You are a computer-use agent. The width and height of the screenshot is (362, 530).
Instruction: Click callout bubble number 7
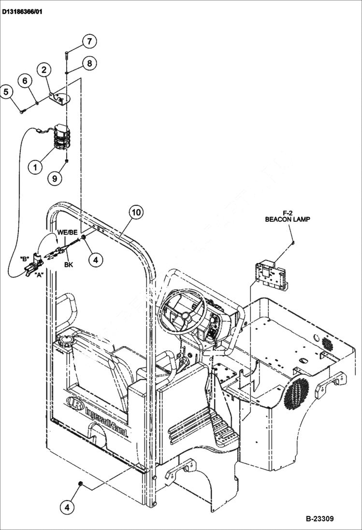click(89, 41)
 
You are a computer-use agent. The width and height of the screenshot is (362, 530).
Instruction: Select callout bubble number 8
click(89, 62)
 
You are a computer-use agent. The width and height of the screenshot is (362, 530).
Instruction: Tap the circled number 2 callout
click(44, 70)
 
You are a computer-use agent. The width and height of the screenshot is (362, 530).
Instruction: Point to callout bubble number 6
click(26, 81)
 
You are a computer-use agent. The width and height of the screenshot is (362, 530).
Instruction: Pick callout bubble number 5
click(6, 91)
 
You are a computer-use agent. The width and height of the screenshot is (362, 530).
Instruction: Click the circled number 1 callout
click(34, 168)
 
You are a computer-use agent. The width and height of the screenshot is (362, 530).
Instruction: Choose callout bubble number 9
click(55, 178)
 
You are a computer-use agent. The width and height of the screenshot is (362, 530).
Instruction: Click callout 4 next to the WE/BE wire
click(95, 259)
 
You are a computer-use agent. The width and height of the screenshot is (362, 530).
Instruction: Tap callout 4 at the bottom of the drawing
click(68, 507)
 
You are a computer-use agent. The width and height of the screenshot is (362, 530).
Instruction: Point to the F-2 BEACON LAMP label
click(288, 215)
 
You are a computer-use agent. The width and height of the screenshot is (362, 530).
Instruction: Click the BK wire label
click(69, 265)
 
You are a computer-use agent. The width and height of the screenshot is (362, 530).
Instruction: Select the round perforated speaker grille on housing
click(296, 390)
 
